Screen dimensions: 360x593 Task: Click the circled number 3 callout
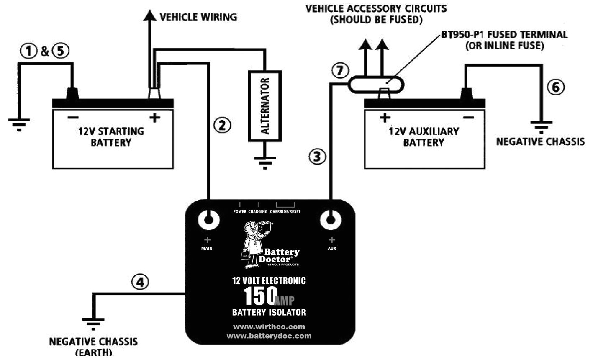[317, 157]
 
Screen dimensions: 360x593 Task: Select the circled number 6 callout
[555, 87]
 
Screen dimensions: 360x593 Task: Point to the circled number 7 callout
[339, 71]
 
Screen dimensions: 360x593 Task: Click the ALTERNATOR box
[265, 106]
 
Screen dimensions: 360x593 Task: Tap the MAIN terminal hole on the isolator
[208, 219]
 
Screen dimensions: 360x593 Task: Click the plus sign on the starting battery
[155, 118]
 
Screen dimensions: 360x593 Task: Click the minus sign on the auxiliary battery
[469, 118]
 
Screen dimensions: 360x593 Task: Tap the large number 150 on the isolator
[260, 296]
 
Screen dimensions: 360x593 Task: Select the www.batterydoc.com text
[269, 336]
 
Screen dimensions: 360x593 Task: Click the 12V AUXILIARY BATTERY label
[424, 136]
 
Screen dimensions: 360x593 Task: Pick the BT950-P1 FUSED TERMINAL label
[504, 40]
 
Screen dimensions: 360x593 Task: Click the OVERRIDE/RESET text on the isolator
[285, 211]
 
